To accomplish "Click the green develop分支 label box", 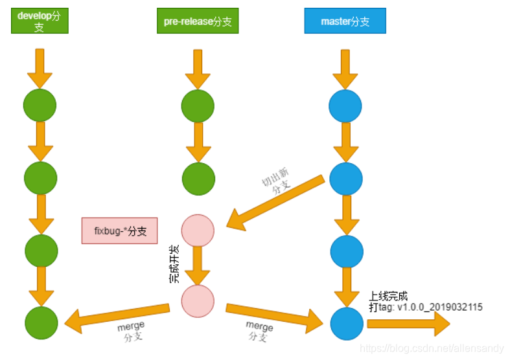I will tap(40, 21).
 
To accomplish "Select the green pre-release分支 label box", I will tap(197, 21).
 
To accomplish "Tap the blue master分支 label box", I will tap(345, 21).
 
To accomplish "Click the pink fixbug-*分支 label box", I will tap(119, 231).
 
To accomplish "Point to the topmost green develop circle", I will tap(40, 105).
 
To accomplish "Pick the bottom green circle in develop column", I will tap(41, 322).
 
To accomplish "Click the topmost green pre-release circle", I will tap(198, 106).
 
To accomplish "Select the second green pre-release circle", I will tap(198, 178).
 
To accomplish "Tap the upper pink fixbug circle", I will tap(198, 231).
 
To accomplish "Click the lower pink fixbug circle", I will tap(198, 301).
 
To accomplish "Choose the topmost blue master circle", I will tap(345, 106).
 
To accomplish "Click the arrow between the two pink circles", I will tap(198, 265).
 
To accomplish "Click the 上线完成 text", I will tap(388, 296).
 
